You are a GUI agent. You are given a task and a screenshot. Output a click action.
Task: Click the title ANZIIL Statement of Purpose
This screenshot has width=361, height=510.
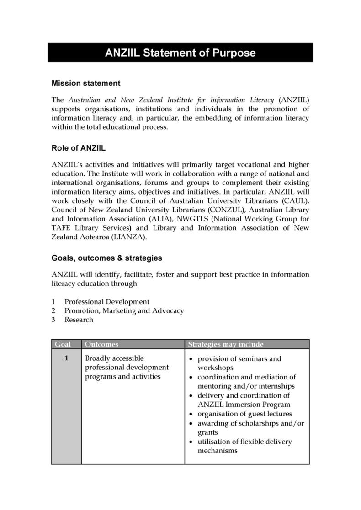click(x=180, y=53)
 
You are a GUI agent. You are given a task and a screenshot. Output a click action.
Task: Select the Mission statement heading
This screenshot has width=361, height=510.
click(x=86, y=83)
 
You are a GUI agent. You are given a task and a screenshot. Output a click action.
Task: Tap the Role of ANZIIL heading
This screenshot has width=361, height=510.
click(x=79, y=147)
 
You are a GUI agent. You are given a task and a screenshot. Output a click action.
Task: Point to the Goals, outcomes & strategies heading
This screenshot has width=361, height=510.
click(x=106, y=258)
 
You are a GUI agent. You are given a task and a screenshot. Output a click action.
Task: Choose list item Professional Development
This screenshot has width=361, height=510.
click(x=106, y=301)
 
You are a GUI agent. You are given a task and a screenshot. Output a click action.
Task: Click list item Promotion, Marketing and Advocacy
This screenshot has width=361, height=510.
click(x=124, y=310)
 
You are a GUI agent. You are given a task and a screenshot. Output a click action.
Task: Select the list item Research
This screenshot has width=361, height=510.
click(x=79, y=320)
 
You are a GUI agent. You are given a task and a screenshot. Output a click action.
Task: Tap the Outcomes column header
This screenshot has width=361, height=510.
click(x=101, y=344)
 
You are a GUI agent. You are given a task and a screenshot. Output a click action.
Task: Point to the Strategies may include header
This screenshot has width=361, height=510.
click(x=226, y=344)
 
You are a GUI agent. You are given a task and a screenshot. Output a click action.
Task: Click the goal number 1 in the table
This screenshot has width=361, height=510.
click(x=66, y=358)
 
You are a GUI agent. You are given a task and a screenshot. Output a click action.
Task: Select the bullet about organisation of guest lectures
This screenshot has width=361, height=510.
click(x=244, y=414)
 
